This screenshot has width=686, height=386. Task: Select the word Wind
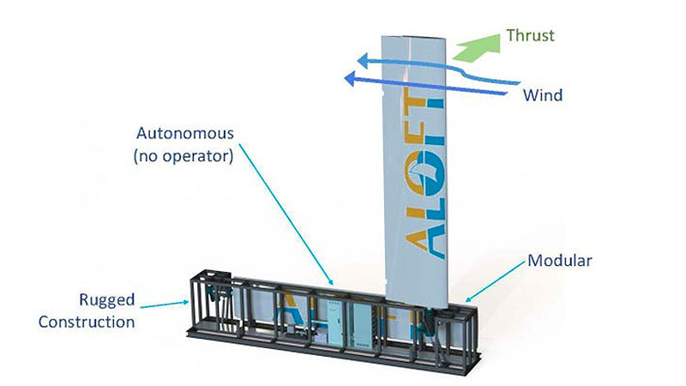[543, 95]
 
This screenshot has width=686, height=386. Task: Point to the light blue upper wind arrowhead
[365, 61]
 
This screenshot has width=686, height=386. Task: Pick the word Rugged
[108, 300]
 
